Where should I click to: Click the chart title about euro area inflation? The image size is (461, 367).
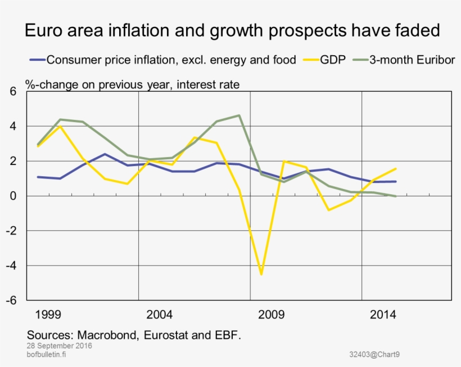point(232,30)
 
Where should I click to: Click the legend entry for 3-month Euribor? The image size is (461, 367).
point(412,60)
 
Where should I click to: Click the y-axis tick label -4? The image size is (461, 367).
point(12,266)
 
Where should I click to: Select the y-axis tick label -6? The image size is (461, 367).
point(12,301)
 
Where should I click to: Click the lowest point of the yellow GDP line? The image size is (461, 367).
point(261,274)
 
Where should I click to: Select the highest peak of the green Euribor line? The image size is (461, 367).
point(239,115)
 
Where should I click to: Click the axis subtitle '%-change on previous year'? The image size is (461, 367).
point(133,85)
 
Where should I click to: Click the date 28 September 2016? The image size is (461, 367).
point(59,346)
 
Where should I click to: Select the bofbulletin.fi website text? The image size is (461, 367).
point(47,354)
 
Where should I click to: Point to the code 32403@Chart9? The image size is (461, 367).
point(374,354)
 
